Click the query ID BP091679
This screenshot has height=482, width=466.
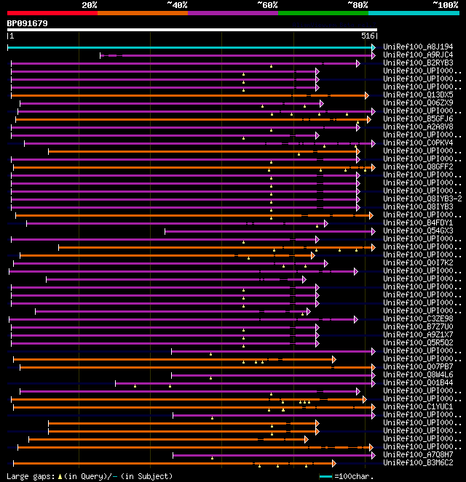28,23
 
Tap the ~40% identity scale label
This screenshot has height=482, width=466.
177,5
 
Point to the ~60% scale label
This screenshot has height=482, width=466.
267,5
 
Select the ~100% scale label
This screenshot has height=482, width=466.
445,5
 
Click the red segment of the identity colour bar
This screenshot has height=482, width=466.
52,12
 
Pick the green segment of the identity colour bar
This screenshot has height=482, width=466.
323,12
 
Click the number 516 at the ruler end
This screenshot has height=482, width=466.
368,35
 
